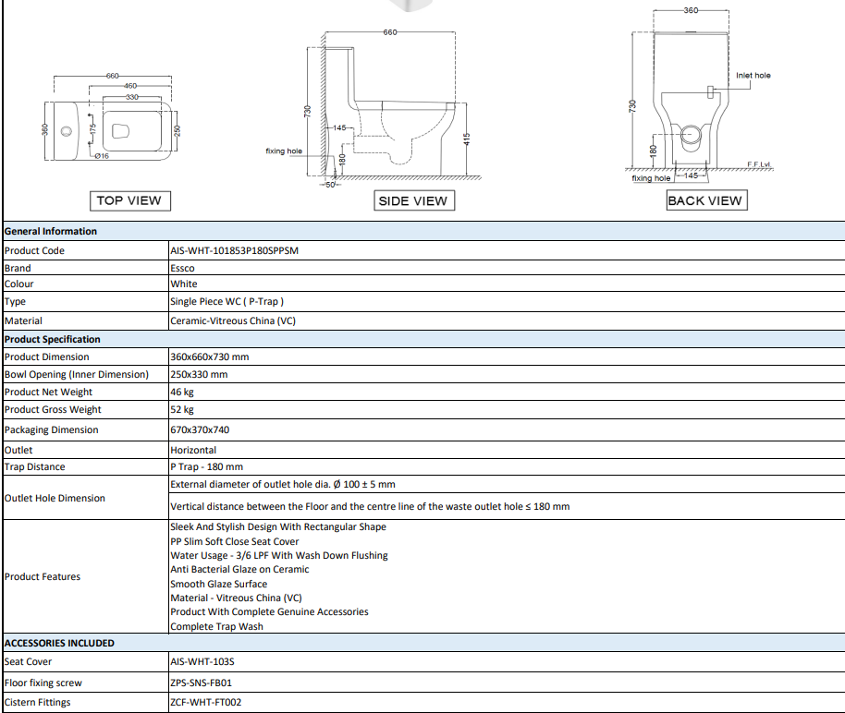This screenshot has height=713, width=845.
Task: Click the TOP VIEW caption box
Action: coord(129,200)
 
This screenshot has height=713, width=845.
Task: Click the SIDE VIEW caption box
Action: coord(414,200)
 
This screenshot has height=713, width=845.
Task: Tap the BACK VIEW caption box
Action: coord(706,200)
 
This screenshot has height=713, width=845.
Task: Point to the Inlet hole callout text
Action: coord(753,76)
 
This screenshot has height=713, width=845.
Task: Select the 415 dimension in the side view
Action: coord(467,139)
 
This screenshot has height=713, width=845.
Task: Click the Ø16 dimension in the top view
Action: coord(102,156)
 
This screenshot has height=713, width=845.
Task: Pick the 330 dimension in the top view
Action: coord(132,98)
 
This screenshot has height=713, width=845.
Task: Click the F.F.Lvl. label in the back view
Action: coord(759,164)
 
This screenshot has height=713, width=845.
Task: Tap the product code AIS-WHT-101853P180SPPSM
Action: coord(235,250)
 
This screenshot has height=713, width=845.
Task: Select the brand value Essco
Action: coord(182,268)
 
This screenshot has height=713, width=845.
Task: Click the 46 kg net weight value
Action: coord(182,392)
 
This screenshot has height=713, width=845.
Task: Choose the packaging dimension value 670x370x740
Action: coord(200,429)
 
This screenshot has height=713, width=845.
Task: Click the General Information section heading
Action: coord(51,232)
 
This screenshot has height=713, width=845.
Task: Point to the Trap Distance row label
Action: coord(34,467)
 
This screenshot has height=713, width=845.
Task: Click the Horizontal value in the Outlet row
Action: coord(193,450)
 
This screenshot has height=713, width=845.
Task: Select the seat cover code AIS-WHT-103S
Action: coord(202,662)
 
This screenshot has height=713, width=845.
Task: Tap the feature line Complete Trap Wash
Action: coord(216,626)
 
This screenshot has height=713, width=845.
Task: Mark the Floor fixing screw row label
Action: coord(43,683)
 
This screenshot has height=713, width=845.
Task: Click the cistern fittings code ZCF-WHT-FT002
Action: coord(206,702)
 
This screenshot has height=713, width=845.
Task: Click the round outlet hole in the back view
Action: coord(691,135)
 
